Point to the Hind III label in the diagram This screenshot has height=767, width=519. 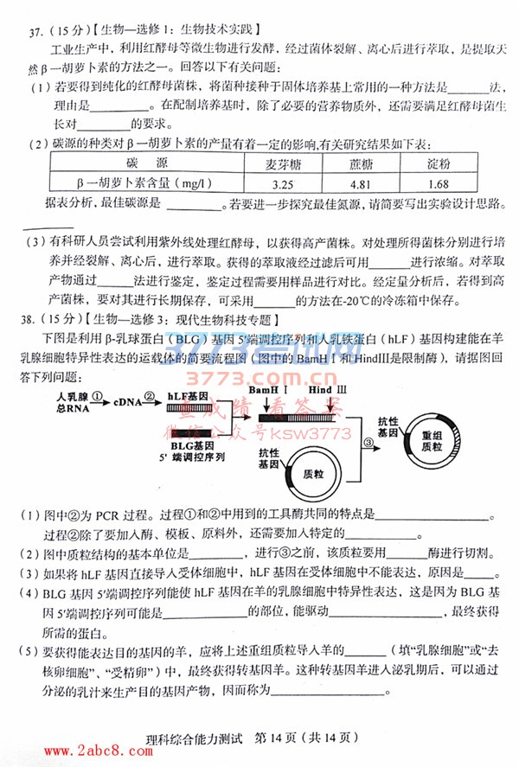pos(326,392)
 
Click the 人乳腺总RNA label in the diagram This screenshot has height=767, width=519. pos(74,401)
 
